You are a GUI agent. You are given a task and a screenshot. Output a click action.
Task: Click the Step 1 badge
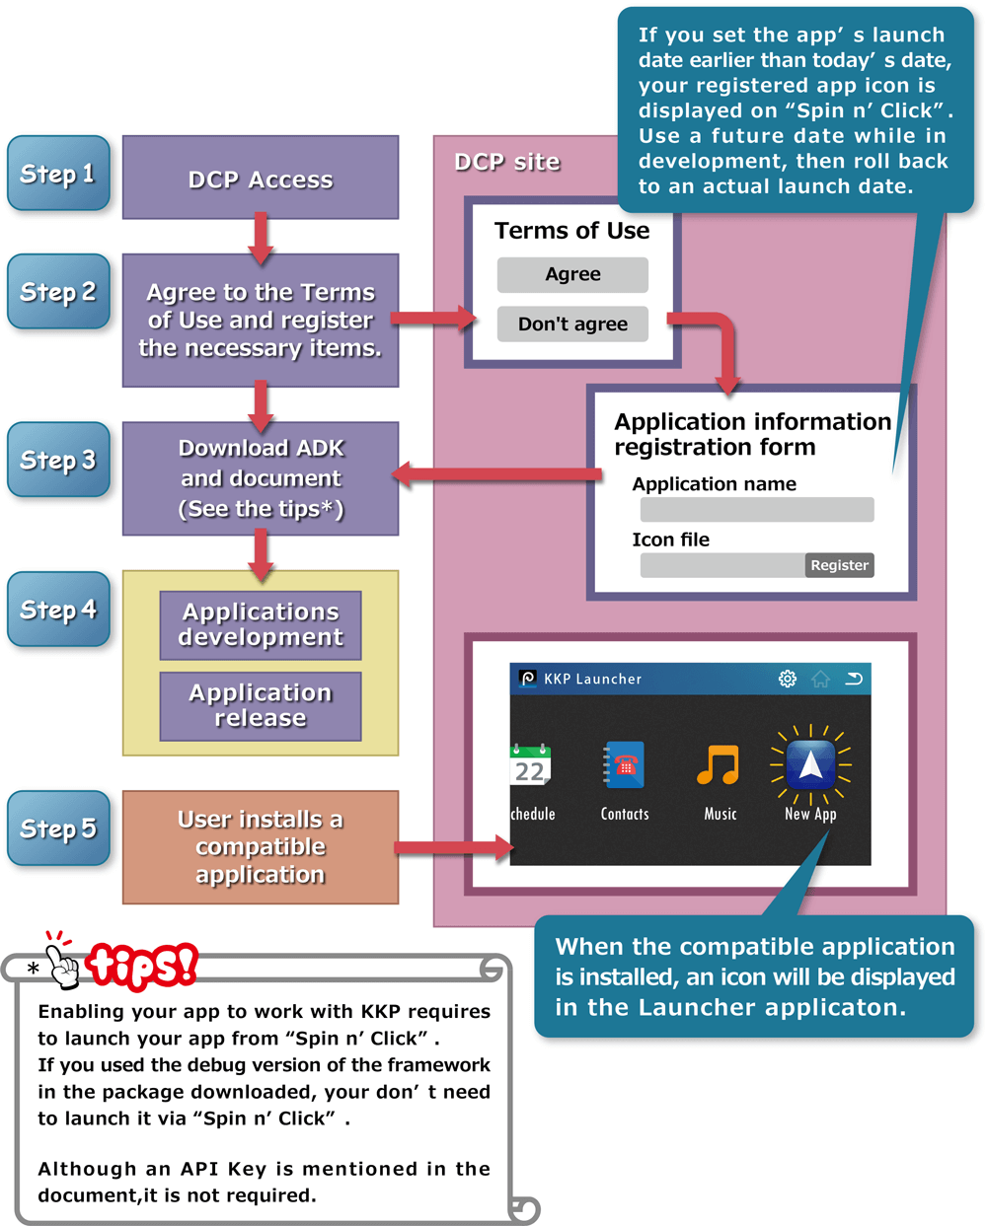58,174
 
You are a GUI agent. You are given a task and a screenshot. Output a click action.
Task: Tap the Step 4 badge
58,610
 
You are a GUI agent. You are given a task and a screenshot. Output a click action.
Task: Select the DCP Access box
261,179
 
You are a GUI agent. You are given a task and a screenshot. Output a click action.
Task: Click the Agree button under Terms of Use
572,274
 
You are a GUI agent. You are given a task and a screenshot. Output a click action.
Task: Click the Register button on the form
839,565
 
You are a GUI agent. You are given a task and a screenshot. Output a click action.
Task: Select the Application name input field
757,509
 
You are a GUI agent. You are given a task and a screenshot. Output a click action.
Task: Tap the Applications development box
261,625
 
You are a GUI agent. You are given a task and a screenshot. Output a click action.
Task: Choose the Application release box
261,706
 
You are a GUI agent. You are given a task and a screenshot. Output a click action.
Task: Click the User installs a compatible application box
261,847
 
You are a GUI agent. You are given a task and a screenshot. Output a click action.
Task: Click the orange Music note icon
719,765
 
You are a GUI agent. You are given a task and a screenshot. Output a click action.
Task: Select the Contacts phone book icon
624,765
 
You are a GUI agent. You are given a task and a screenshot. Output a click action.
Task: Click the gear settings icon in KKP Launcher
787,679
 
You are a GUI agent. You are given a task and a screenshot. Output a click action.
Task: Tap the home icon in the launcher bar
820,679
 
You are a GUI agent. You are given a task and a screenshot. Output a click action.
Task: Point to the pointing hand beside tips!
63,960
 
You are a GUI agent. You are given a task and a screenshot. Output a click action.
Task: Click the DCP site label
507,162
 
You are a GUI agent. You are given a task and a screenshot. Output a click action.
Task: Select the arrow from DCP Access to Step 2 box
261,238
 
